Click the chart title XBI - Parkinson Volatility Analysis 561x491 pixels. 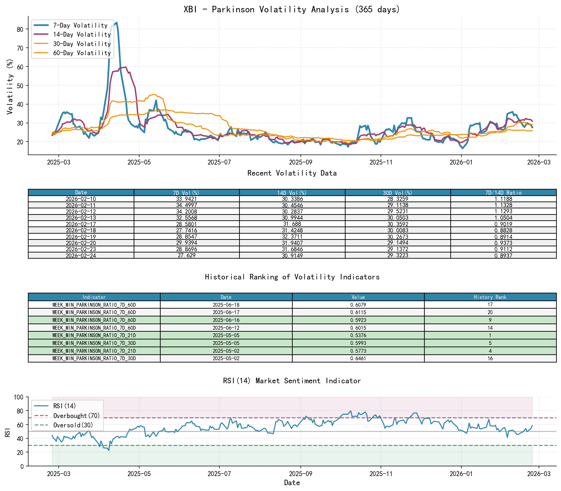coord(292,9)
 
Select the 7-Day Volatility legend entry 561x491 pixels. coord(80,25)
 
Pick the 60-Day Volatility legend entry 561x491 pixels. coord(82,53)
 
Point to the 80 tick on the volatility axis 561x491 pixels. coord(20,29)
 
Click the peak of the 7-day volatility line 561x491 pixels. coord(116,23)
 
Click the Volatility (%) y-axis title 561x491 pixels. coord(10,87)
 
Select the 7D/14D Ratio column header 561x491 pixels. coord(503,193)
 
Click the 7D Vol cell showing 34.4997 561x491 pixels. coord(187,205)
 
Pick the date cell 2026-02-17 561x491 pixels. coord(81,224)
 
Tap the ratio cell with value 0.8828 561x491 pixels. coord(503,231)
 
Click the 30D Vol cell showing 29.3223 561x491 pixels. coord(397,256)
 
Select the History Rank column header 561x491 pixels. coord(490,297)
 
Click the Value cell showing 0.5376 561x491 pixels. coord(358,336)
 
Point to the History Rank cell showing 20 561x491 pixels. coord(490,313)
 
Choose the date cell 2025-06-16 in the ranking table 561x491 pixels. coord(226,320)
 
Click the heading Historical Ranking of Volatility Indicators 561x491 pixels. coord(292,277)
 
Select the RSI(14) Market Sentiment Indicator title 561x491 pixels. coord(292,381)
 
